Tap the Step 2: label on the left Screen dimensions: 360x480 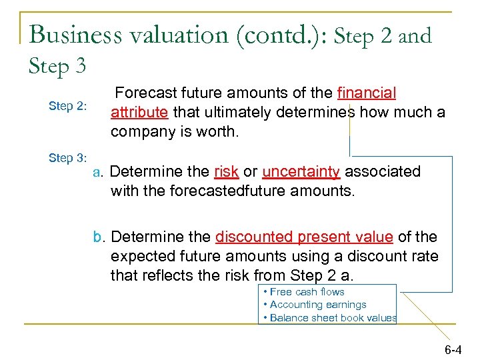(x=68, y=106)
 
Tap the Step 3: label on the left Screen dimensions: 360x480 (x=68, y=158)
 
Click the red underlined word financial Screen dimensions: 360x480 (x=367, y=93)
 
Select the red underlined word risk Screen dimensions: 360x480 (x=227, y=171)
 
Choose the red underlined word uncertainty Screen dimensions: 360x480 (x=301, y=171)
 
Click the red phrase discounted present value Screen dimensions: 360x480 (x=304, y=237)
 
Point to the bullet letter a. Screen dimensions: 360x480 (x=97, y=172)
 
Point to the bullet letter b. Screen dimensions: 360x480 (x=98, y=237)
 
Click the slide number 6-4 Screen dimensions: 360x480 (x=453, y=349)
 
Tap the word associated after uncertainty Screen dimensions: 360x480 (x=383, y=171)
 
